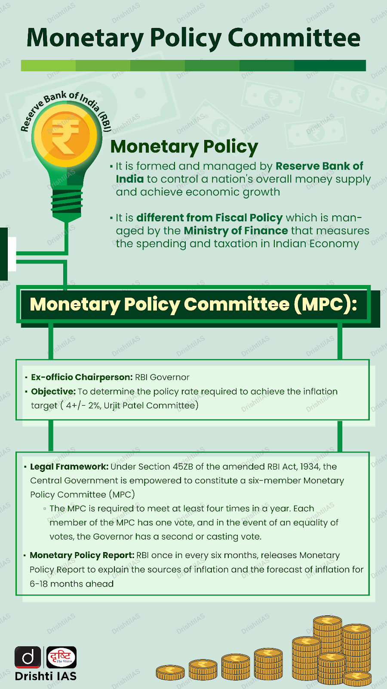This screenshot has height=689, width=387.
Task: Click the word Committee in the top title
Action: pos(294,38)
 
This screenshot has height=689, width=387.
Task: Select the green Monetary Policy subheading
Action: pos(184,146)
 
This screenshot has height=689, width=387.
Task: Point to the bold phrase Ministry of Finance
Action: pos(236,231)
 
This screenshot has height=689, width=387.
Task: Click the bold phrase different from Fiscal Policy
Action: pos(209,218)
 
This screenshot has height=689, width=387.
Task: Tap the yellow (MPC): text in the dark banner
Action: pos(325,304)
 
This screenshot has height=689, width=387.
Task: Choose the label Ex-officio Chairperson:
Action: pos(82,377)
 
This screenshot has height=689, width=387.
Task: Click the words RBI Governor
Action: pos(162,377)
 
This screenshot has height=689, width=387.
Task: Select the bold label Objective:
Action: pos(53,391)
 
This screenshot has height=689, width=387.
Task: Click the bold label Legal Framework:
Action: pos(69,467)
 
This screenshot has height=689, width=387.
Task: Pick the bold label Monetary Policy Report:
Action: pos(82,556)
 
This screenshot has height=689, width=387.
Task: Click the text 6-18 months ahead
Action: pos(72,584)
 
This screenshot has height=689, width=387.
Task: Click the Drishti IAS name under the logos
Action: pos(46,676)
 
